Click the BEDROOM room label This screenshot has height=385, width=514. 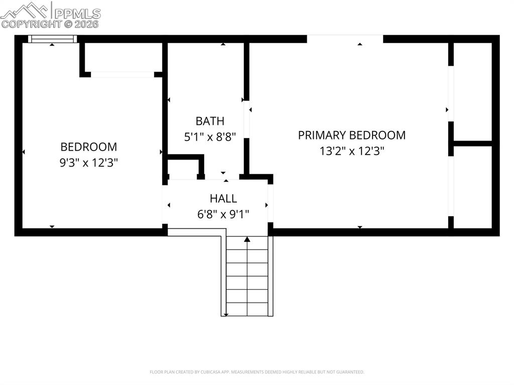[89, 147]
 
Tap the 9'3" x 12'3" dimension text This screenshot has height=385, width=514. [89, 163]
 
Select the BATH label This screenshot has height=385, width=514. [210, 121]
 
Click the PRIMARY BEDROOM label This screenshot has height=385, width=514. [351, 135]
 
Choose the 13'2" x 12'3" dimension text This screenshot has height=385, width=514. [351, 151]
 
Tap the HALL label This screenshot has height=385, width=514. [223, 199]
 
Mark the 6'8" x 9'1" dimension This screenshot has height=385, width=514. [223, 214]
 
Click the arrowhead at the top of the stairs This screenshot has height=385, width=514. [247, 239]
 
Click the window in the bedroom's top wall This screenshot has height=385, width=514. [52, 39]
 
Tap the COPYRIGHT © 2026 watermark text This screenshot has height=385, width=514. [50, 24]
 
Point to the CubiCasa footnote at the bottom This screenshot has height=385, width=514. [257, 372]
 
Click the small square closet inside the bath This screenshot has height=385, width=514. [185, 167]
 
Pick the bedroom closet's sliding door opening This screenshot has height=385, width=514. [122, 74]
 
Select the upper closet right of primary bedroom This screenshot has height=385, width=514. [472, 91]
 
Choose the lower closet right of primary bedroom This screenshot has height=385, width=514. [472, 187]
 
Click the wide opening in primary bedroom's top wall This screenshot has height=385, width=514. [345, 39]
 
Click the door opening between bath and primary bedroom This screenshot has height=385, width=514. [246, 119]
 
